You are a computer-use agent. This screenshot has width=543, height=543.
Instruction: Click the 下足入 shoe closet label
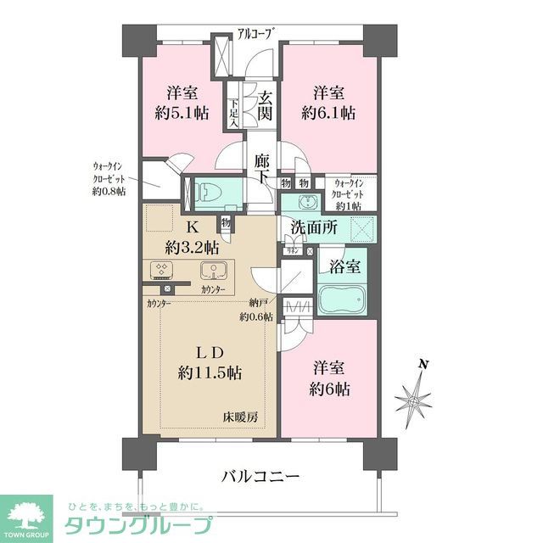232,112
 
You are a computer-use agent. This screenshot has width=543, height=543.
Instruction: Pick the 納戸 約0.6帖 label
255,311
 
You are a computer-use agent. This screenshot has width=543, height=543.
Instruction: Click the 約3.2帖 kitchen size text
192,247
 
